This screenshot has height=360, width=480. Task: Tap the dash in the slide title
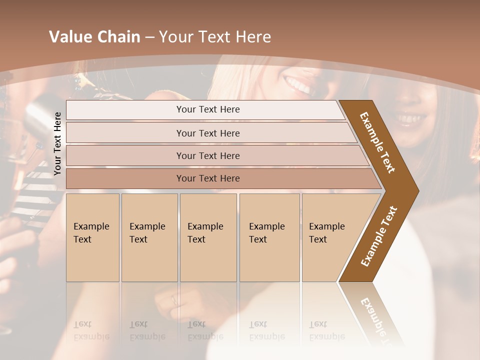[149, 37]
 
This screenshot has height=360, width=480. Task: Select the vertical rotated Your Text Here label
[57, 143]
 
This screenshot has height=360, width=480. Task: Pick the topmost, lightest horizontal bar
[207, 109]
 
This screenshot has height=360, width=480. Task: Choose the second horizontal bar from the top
[207, 133]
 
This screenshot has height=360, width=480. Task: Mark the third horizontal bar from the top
[207, 155]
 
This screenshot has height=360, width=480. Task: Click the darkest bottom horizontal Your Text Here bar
[207, 178]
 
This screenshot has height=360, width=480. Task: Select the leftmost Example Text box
[92, 237]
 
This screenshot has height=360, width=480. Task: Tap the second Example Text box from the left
[149, 237]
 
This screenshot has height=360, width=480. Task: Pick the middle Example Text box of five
[207, 237]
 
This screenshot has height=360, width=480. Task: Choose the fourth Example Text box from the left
[269, 237]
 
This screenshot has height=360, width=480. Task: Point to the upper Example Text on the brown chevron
[378, 142]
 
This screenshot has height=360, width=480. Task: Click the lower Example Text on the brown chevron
[379, 236]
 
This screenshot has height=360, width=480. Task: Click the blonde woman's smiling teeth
[297, 84]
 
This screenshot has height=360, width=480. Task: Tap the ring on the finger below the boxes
[174, 300]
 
